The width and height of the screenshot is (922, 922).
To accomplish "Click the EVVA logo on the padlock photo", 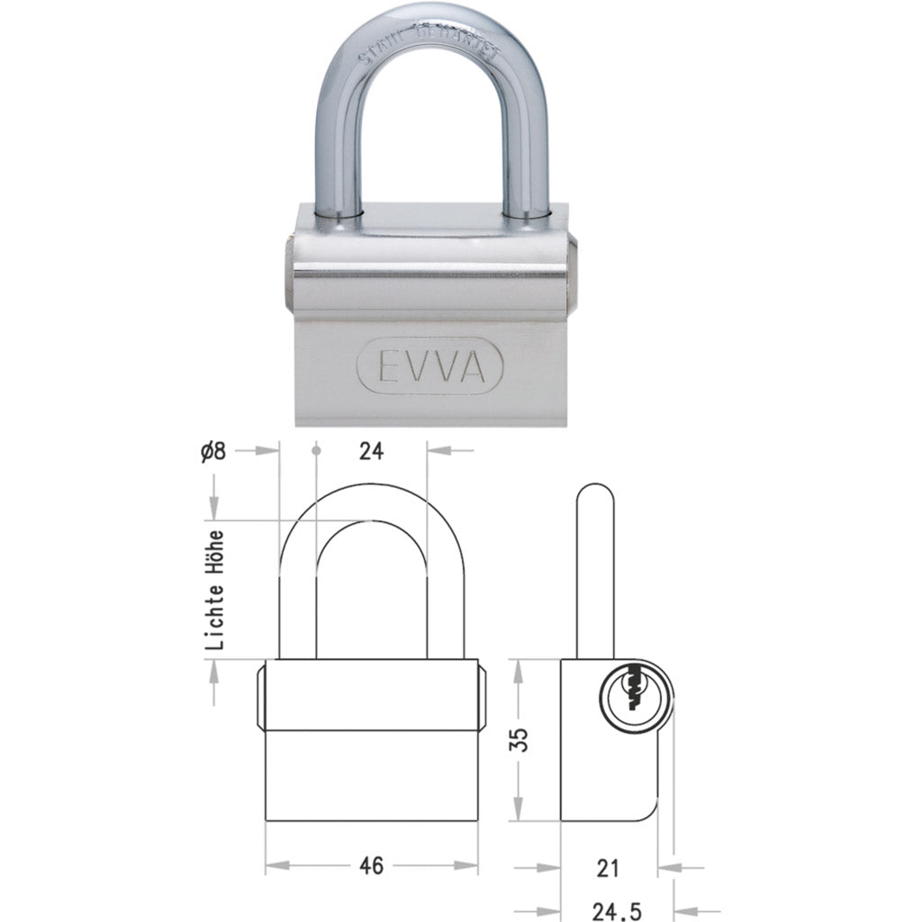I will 434,366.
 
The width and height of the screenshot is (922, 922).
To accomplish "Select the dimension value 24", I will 371,453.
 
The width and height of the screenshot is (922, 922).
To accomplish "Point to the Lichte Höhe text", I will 214,590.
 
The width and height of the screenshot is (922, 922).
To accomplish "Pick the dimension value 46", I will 371,866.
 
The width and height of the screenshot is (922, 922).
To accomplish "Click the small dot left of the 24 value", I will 316,449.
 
